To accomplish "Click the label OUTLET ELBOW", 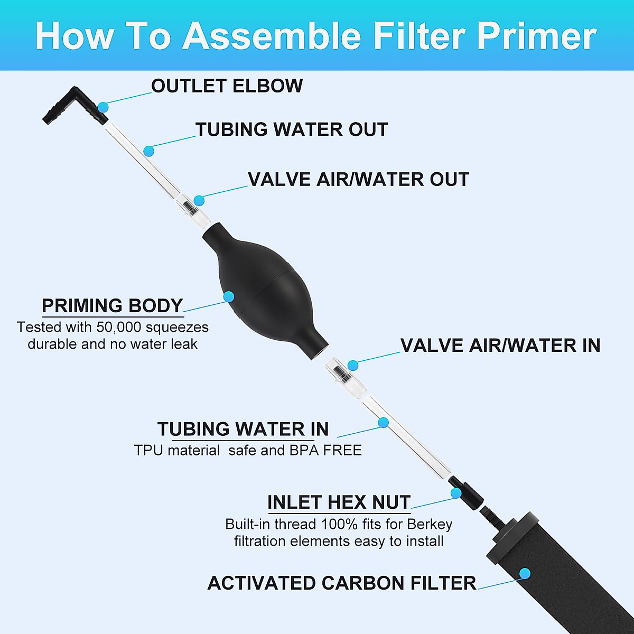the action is pyautogui.click(x=227, y=86).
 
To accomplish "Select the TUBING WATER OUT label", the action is pyautogui.click(x=292, y=130).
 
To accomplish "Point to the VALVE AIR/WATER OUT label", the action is pyautogui.click(x=358, y=180).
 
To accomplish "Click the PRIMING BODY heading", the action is pyautogui.click(x=112, y=306).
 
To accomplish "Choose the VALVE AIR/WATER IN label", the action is pyautogui.click(x=500, y=346).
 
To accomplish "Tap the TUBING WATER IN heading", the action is pyautogui.click(x=243, y=429).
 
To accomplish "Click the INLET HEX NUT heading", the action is pyautogui.click(x=339, y=502).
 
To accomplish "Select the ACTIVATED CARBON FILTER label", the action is pyautogui.click(x=342, y=583).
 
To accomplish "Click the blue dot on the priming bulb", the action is pyautogui.click(x=228, y=296).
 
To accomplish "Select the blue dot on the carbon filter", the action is pyautogui.click(x=524, y=573).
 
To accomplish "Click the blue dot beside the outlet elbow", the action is pyautogui.click(x=103, y=107).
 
